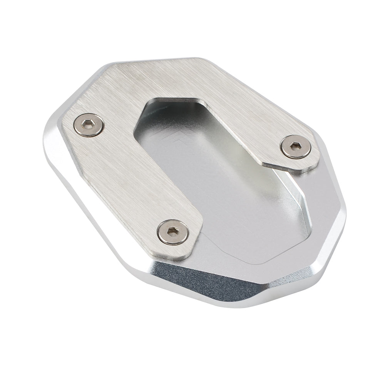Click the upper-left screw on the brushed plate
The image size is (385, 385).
(89, 125)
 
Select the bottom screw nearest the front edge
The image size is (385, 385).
(173, 232)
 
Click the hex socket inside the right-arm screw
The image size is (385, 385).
(295, 146)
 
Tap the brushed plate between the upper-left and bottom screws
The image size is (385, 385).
(127, 177)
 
